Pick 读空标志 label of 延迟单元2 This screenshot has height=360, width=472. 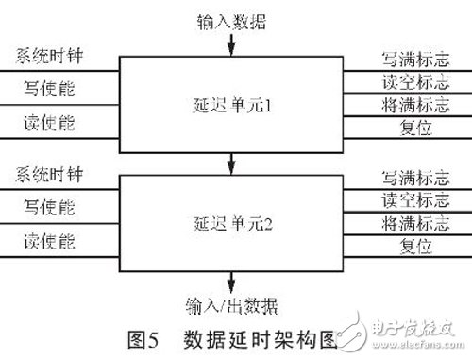tap(402, 201)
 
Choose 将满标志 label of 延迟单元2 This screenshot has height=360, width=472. tap(402, 224)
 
